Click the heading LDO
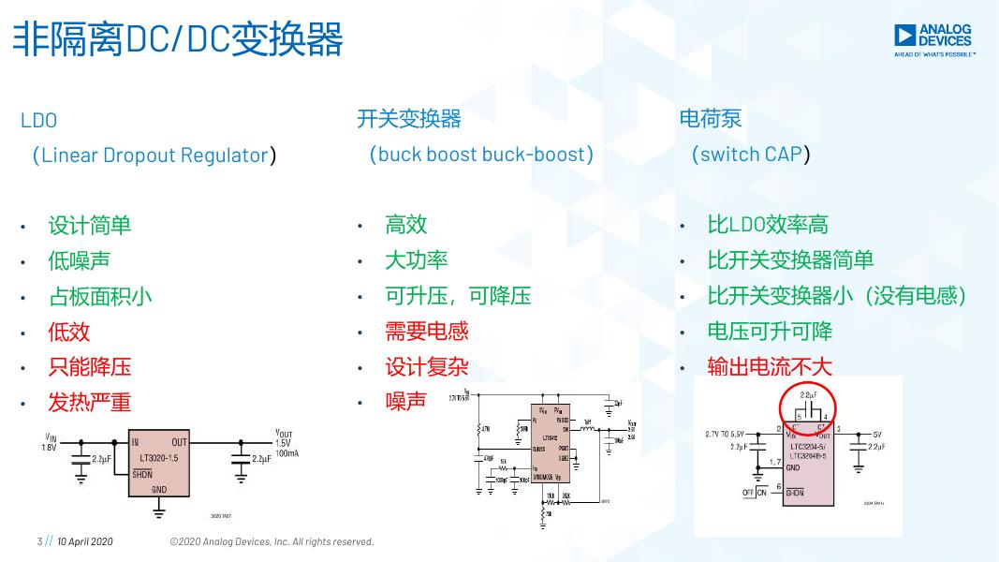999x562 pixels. tap(38, 121)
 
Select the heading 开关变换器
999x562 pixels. tap(408, 119)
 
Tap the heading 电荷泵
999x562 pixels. tap(711, 119)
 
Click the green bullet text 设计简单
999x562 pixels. tap(90, 225)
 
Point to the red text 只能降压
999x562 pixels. tap(90, 367)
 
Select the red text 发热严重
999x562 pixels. tap(90, 403)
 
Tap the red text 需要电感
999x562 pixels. tap(427, 332)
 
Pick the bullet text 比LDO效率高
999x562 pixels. tap(768, 225)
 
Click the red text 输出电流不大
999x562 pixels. tap(770, 367)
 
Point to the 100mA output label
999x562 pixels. tap(286, 453)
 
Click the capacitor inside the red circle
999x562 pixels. tap(806, 410)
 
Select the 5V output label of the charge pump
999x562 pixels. tap(877, 435)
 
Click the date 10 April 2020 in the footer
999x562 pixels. tap(85, 541)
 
